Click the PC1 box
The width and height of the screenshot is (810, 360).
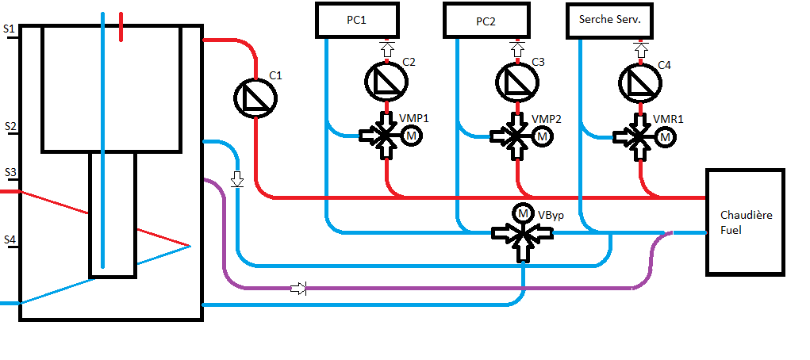click(356, 20)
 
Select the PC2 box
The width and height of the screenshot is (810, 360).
click(486, 20)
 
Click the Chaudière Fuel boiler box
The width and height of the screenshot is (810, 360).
click(745, 222)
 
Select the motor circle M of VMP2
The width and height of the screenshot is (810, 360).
click(543, 136)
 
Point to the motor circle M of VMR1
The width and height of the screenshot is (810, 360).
click(665, 136)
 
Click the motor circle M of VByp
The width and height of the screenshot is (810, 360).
click(523, 213)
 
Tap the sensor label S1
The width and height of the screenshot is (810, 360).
click(10, 29)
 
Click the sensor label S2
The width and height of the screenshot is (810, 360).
click(10, 126)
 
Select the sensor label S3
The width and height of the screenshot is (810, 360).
click(10, 172)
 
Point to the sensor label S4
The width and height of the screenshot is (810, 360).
click(10, 239)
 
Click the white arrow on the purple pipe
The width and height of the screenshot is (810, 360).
click(298, 289)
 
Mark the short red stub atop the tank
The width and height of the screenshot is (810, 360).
click(121, 25)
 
